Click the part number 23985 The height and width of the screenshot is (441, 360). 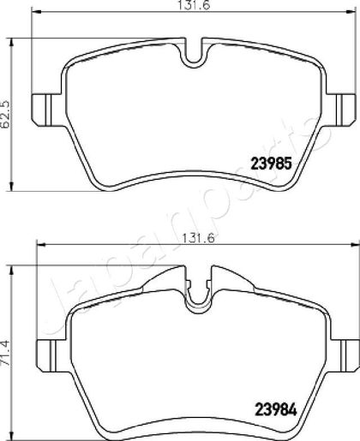click(271, 164)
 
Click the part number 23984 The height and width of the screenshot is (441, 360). click(276, 410)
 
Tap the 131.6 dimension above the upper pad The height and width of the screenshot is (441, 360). click(195, 4)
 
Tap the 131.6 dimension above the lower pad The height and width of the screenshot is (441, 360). click(199, 237)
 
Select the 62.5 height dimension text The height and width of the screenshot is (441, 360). click(6, 114)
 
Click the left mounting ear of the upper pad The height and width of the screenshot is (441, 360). click(46, 110)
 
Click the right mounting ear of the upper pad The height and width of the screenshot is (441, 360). click(341, 110)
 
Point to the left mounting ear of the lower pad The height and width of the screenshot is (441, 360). click(53, 355)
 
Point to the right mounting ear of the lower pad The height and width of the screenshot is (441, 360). click(345, 355)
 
